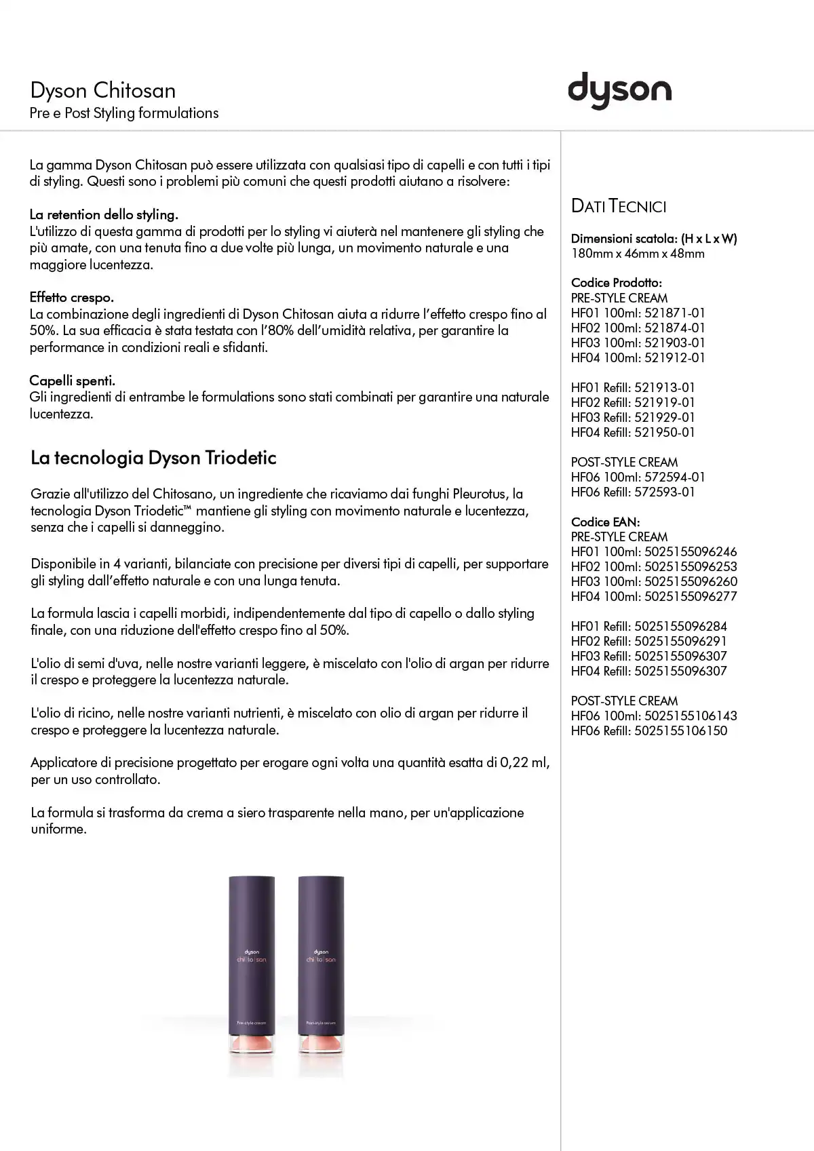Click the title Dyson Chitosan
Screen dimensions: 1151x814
[x=103, y=91]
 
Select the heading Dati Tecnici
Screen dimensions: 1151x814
[x=619, y=206]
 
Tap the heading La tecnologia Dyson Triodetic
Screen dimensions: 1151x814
[x=153, y=458]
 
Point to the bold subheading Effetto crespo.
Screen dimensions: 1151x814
[x=72, y=297]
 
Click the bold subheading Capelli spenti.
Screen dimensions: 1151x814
[x=73, y=380]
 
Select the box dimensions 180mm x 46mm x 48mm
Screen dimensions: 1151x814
[x=638, y=254]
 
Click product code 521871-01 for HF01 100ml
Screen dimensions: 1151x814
[x=675, y=313]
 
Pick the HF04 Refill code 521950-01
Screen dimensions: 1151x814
[x=665, y=432]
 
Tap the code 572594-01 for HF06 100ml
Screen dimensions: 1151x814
[x=675, y=477]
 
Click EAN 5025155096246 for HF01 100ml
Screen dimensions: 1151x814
[x=691, y=551]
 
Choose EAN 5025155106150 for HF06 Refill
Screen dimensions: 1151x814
[x=680, y=730]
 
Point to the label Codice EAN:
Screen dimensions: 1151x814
[x=606, y=522]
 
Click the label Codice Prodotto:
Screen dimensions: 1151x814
[x=617, y=283]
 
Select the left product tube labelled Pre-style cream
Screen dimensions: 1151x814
[x=252, y=963]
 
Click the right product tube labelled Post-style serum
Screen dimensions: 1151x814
[x=321, y=963]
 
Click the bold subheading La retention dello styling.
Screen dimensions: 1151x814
[x=104, y=214]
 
